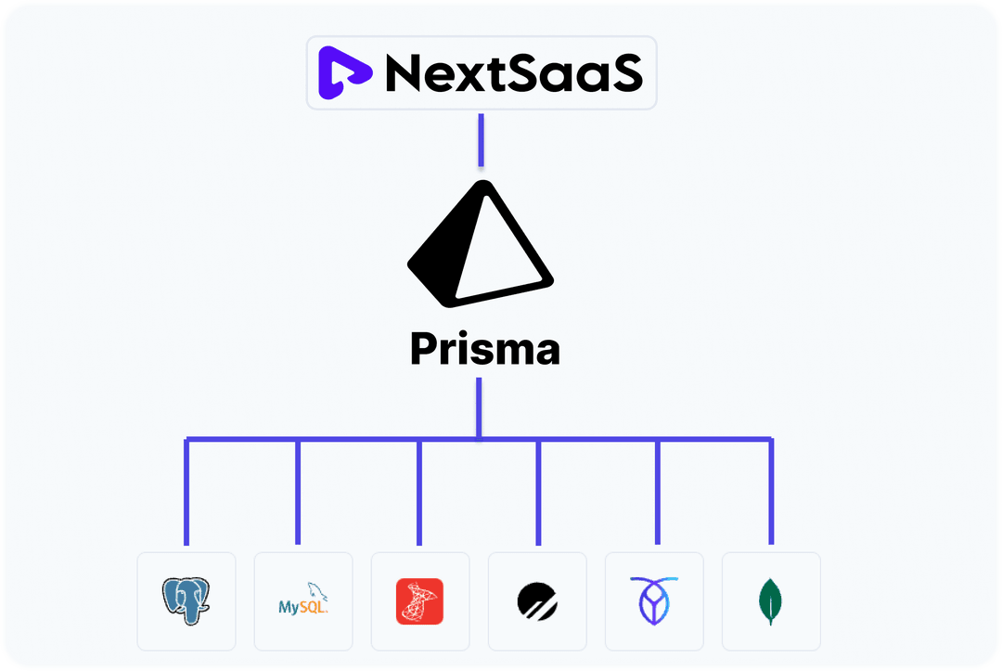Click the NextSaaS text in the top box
[513, 73]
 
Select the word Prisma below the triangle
[485, 350]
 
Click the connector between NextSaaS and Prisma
[481, 140]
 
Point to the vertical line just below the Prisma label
[479, 406]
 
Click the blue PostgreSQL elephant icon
[186, 600]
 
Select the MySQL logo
[303, 601]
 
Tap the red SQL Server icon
[419, 601]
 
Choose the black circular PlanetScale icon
[537, 601]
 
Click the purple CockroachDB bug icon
[654, 600]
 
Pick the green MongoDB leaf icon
[770, 600]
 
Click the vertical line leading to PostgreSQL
[186, 492]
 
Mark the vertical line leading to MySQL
[298, 492]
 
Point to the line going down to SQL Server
[419, 492]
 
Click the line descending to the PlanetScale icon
[538, 492]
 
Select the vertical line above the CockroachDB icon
[657, 492]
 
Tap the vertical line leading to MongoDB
[771, 492]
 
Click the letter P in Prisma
[426, 350]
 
